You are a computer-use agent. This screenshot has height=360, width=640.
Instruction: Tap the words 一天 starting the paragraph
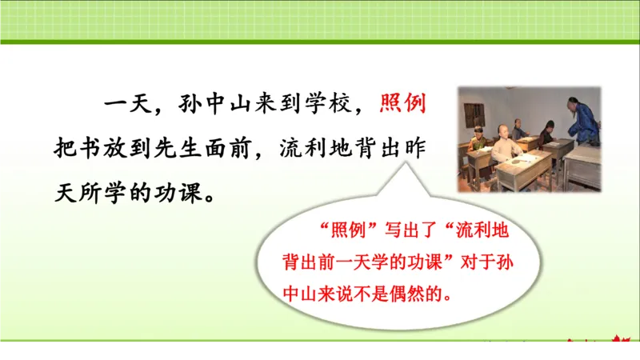[119, 104]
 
